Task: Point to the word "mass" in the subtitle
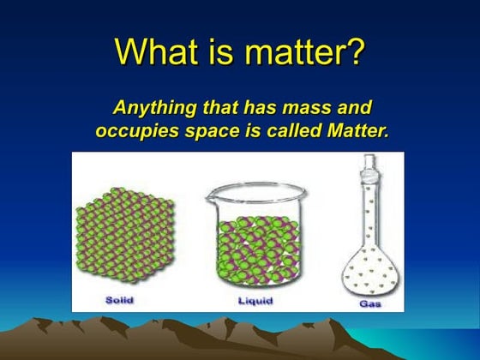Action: [311, 109]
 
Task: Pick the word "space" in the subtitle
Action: [208, 134]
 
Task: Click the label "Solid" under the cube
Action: [120, 301]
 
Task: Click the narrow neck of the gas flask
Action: [368, 206]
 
